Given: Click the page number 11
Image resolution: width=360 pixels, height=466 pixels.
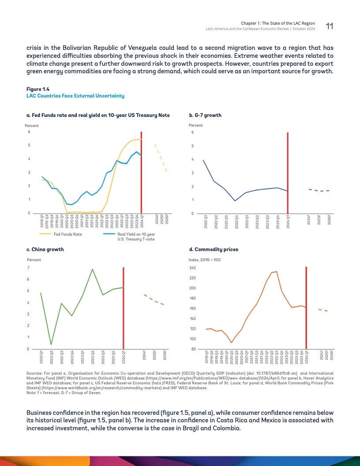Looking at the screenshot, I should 329,26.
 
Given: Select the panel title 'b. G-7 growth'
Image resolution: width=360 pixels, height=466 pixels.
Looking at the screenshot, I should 205,115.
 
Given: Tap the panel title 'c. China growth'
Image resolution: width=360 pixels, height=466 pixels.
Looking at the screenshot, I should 45,249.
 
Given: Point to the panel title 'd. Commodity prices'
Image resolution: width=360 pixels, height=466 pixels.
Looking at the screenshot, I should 213,249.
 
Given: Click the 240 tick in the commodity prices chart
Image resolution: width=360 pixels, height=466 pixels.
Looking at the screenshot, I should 192,268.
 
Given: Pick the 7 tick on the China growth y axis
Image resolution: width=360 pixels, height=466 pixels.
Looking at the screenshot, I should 28,268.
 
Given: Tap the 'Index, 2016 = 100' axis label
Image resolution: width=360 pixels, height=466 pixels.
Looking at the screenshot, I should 205,260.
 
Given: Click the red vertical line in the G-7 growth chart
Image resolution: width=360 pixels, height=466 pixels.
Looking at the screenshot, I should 288,177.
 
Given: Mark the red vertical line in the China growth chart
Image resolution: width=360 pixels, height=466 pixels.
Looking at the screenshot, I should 123,309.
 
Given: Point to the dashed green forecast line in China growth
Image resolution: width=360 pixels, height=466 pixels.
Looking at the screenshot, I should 154,300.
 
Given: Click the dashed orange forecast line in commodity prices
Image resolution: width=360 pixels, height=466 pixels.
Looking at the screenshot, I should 322,310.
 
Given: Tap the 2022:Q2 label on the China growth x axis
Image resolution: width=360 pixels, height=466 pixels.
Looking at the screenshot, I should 52,357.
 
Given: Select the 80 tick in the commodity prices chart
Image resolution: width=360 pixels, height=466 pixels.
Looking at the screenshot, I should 193,349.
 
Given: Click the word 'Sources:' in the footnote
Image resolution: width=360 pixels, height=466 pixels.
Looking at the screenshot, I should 34,373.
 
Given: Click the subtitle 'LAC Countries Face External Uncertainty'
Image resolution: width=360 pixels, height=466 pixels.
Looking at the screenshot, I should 75,96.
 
